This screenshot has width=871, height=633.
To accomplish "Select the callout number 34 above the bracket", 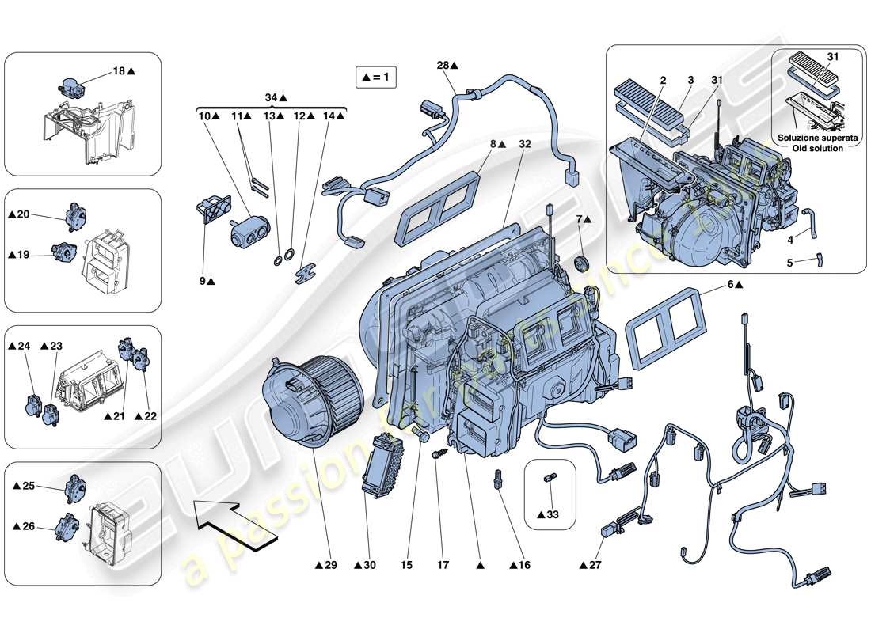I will click(271, 97).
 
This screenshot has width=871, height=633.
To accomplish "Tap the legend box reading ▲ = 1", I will click(375, 78).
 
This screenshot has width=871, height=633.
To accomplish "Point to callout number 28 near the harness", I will click(444, 66).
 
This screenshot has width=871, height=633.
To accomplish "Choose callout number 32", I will click(524, 145).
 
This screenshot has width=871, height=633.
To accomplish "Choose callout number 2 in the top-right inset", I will click(663, 81).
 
